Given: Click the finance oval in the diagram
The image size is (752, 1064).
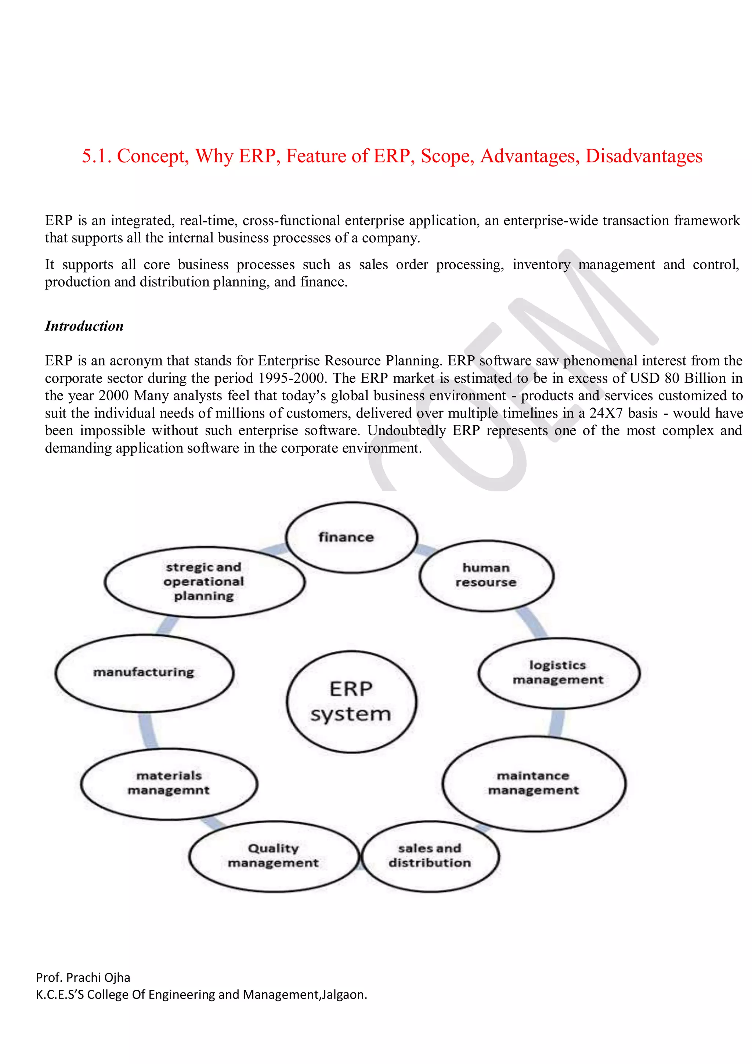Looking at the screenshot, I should [351, 538].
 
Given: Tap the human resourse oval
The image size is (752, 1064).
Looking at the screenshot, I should [486, 576].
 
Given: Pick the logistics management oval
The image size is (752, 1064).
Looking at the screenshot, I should [558, 673].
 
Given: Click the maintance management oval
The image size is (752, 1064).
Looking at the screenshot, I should [534, 783].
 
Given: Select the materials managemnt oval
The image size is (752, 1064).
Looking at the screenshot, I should [169, 783].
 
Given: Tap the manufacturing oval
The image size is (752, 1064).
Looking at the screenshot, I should [144, 672].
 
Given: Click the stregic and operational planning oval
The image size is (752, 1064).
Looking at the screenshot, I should [204, 582].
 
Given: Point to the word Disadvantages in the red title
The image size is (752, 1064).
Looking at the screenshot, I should [644, 156].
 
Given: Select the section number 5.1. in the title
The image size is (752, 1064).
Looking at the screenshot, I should [96, 156].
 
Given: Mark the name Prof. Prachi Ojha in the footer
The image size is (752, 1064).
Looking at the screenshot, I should [83, 977].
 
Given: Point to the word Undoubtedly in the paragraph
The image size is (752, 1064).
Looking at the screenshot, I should [406, 430].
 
